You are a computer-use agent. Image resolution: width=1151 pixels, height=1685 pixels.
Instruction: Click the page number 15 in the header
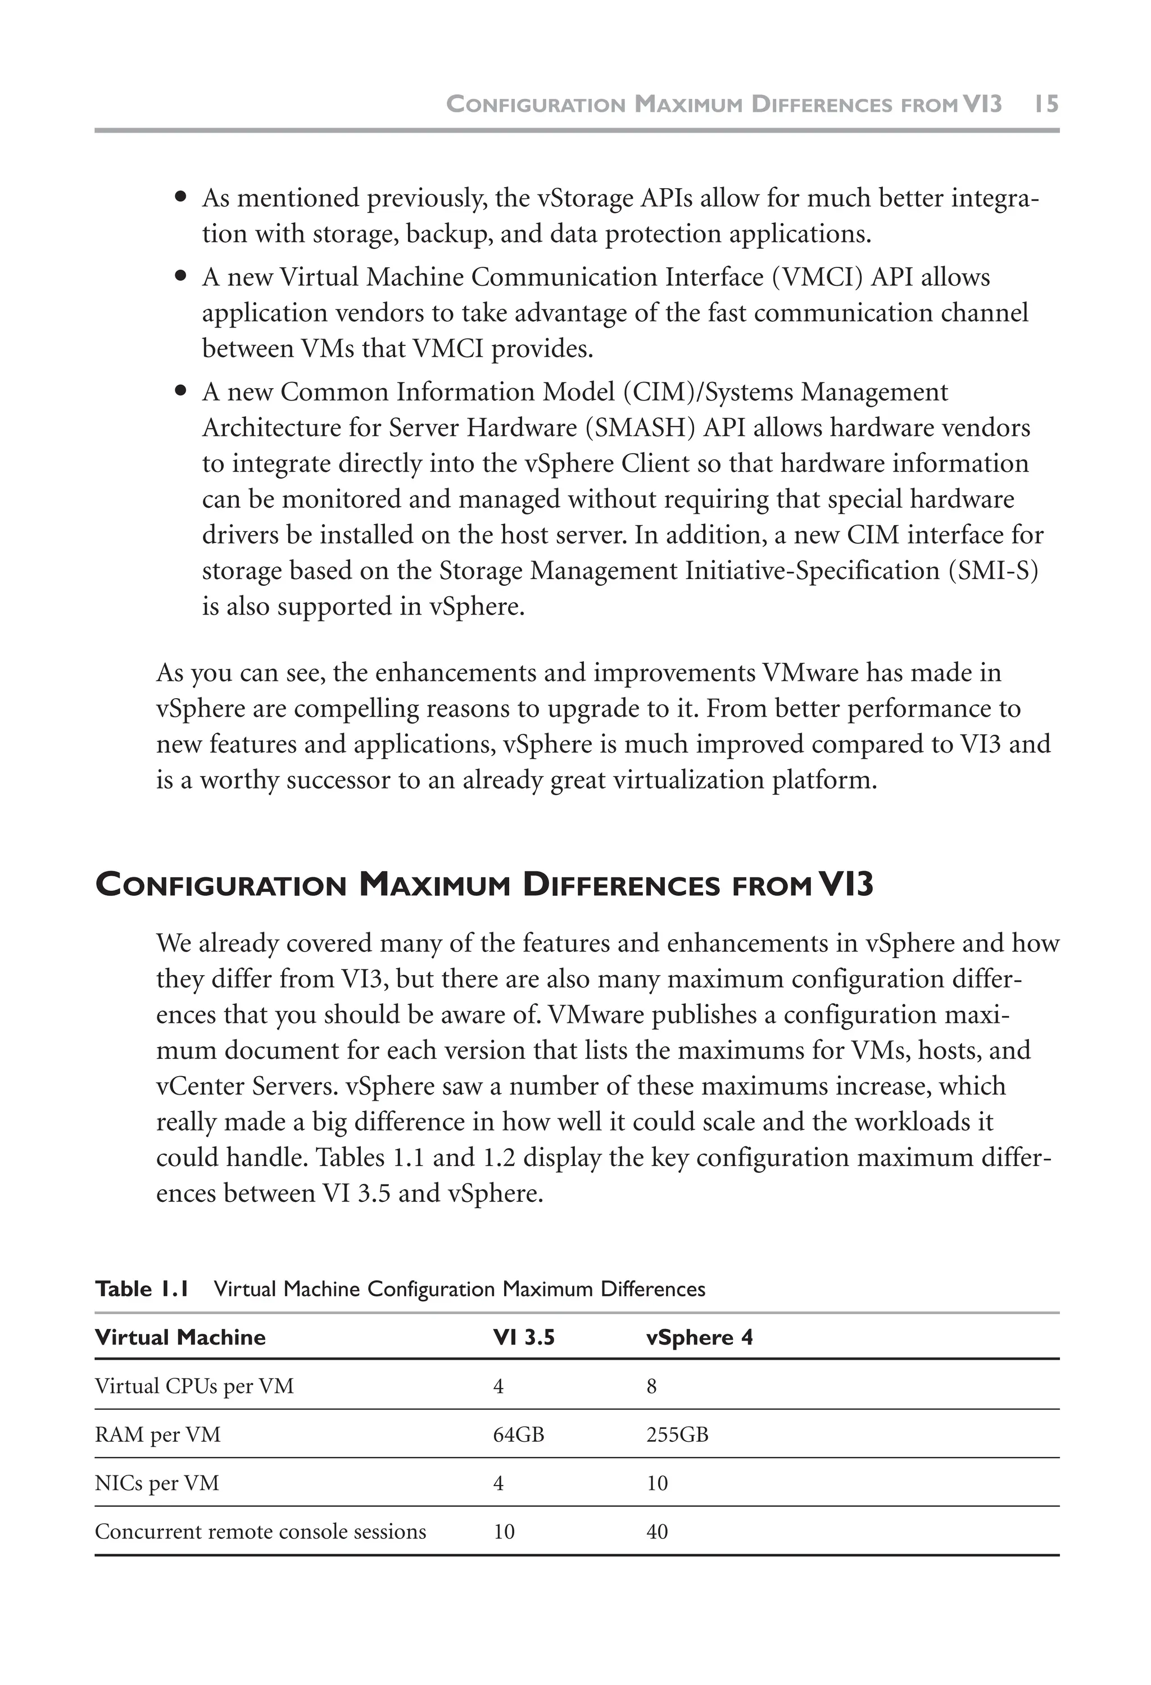1046,104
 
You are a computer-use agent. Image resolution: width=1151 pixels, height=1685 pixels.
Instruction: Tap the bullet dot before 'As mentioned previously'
182,197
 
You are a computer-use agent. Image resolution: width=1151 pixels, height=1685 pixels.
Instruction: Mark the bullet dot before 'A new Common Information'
182,391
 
